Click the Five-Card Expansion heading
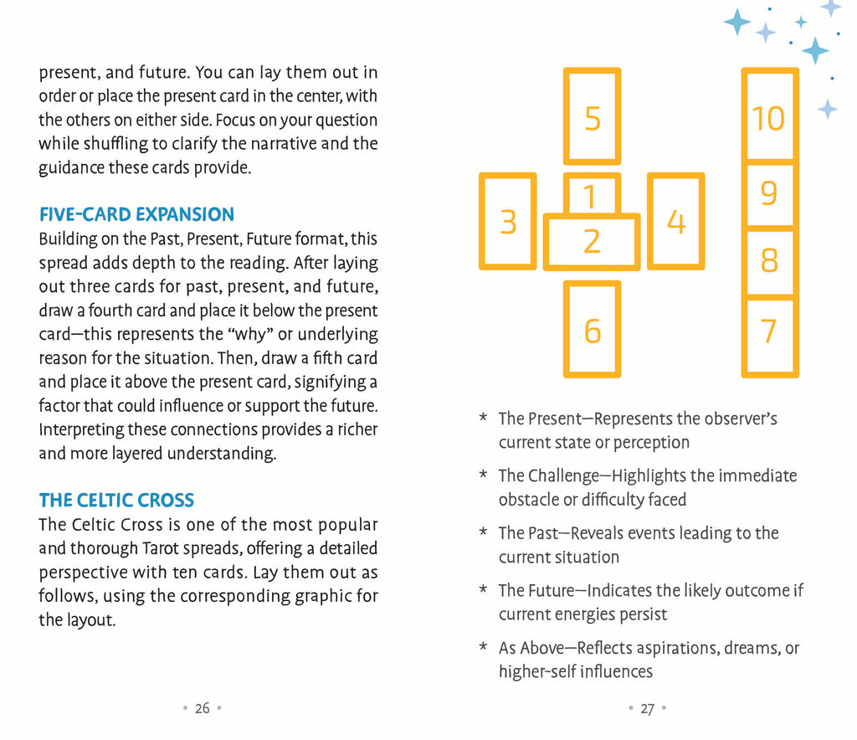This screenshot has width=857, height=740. [136, 214]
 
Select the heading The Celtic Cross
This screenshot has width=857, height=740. [116, 501]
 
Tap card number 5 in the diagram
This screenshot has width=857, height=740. [593, 117]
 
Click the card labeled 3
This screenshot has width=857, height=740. [508, 222]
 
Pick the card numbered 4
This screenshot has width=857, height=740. [676, 222]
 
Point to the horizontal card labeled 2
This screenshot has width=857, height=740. [592, 243]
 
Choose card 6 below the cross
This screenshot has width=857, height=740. [593, 330]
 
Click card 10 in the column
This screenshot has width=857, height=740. [769, 117]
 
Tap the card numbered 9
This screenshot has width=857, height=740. [769, 194]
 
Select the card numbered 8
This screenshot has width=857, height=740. [769, 261]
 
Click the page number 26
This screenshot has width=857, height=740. [203, 708]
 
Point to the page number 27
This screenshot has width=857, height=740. [647, 708]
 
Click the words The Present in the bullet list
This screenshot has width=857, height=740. [534, 419]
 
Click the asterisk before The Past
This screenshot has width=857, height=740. [483, 533]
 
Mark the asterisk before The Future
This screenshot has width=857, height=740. [483, 591]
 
